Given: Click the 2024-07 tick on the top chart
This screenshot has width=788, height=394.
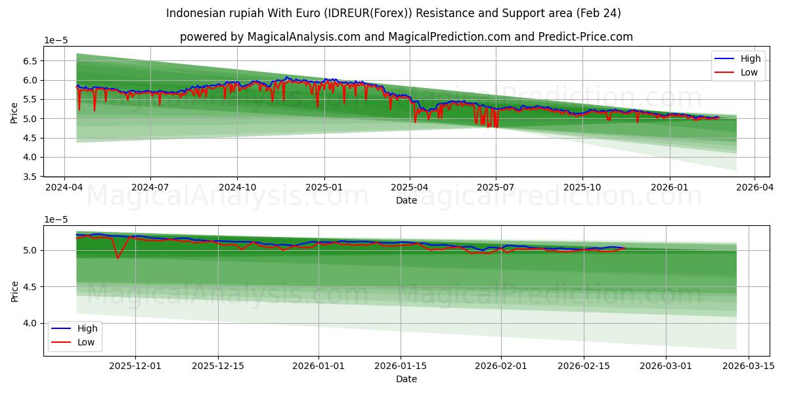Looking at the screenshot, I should pos(150,186).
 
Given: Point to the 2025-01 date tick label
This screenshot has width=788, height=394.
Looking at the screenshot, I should pos(324,186).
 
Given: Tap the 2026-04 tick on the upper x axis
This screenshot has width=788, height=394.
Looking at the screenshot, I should pos(754,186).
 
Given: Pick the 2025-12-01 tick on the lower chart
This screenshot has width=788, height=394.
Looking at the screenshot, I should pos(135,365).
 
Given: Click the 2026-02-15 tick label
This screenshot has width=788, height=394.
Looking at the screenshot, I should pos(584,365).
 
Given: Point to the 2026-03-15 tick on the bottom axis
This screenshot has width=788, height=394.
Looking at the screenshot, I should pos(749,365).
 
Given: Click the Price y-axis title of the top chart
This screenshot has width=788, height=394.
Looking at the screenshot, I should pos(14,112).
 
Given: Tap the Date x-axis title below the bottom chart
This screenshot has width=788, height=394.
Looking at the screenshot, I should pos(406,379).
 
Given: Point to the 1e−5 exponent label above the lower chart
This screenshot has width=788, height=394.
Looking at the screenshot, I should pos(56,219).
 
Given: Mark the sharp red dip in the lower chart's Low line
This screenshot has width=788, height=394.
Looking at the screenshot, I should pos(118,257).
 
